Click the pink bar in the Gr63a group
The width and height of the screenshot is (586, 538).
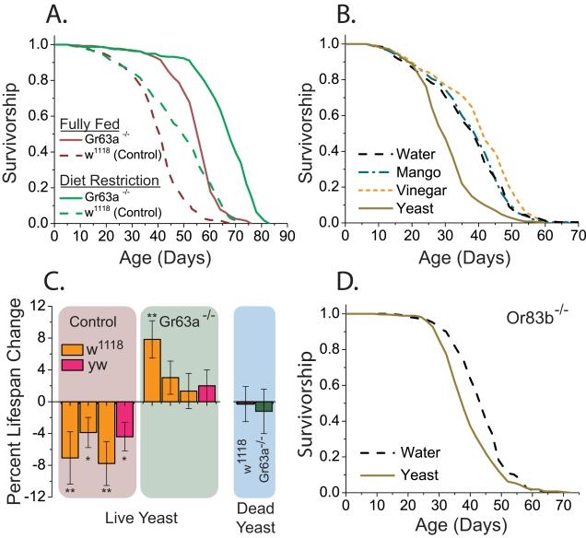tap(207, 392)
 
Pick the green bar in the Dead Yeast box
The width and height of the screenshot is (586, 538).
tap(264, 407)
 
